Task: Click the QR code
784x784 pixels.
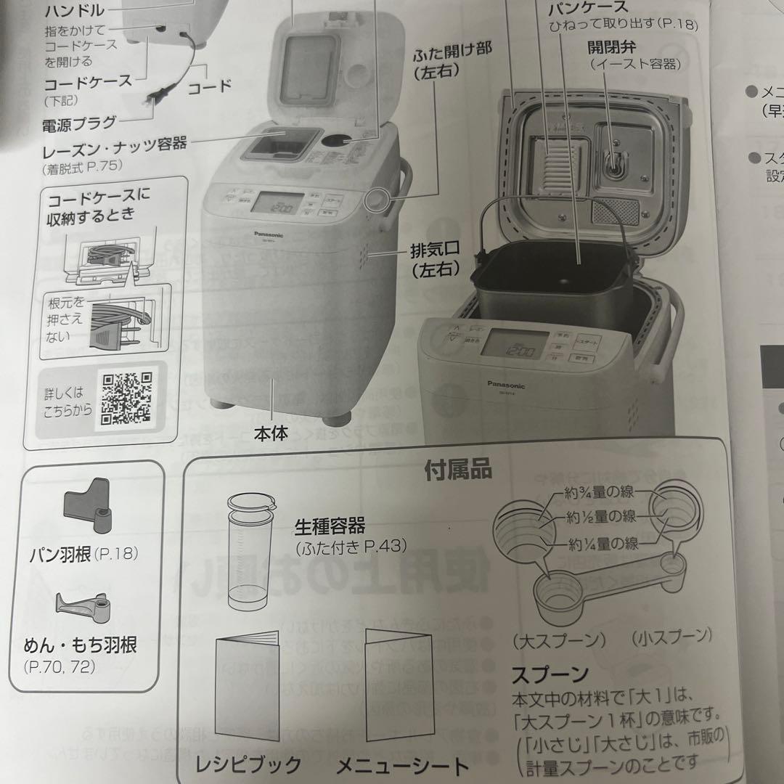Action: pyautogui.click(x=126, y=398)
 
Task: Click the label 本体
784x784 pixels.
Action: pyautogui.click(x=271, y=434)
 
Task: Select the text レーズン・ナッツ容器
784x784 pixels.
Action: pyautogui.click(x=115, y=144)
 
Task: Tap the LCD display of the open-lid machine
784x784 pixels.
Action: pyautogui.click(x=513, y=344)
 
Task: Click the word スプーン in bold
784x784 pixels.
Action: pyautogui.click(x=550, y=674)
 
